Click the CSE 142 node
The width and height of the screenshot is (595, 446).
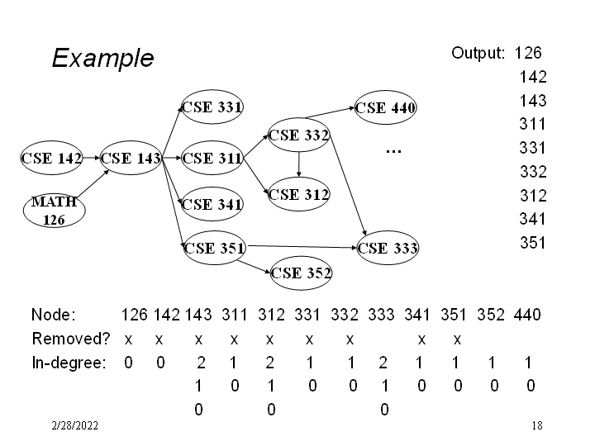(x=51, y=158)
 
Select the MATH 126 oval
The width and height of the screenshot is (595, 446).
(x=55, y=211)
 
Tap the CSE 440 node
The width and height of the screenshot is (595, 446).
(x=385, y=107)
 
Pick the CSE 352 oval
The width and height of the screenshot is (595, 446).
(x=301, y=273)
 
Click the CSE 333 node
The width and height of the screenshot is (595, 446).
(x=388, y=248)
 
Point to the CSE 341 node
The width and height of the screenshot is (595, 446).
(x=212, y=205)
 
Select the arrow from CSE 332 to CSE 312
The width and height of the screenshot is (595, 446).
(x=299, y=164)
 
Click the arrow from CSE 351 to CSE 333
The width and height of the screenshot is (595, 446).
(x=302, y=247)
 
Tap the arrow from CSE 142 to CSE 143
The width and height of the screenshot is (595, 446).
(x=92, y=158)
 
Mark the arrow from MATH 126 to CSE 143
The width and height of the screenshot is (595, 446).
(x=93, y=183)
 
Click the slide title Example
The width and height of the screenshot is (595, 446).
(x=102, y=58)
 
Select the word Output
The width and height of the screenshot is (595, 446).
(x=478, y=53)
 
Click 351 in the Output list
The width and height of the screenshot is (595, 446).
(x=533, y=243)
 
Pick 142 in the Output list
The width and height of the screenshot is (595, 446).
(x=533, y=77)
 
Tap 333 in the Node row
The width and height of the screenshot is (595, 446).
(x=381, y=315)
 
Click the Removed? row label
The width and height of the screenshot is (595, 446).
(x=71, y=339)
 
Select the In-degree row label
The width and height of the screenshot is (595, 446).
(x=69, y=363)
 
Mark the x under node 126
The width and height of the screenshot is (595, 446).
(x=128, y=340)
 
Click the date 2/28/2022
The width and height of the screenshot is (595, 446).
(x=74, y=425)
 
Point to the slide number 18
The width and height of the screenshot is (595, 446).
(x=537, y=425)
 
